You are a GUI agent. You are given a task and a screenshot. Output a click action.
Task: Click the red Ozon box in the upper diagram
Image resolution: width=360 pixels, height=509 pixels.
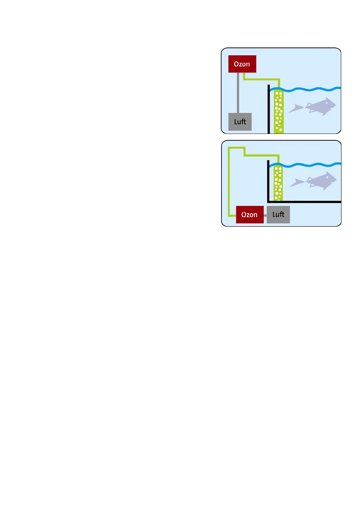click(x=242, y=64)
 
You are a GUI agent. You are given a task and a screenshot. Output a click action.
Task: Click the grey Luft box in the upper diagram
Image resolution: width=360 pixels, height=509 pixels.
click(x=240, y=122)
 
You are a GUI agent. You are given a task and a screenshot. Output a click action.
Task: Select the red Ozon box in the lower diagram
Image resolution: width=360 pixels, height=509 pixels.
click(x=250, y=215)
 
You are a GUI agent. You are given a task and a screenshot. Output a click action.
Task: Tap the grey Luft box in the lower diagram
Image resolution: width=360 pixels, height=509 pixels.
click(x=278, y=215)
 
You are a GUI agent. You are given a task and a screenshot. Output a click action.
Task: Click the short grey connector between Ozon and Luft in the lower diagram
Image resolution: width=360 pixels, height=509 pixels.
click(x=265, y=215)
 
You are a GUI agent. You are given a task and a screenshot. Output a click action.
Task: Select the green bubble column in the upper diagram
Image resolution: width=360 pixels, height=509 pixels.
click(x=279, y=112)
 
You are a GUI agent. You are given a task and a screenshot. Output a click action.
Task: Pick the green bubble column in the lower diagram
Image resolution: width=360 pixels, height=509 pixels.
click(x=278, y=183)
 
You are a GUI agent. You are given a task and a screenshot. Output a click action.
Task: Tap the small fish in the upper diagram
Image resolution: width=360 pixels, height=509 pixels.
click(x=296, y=108)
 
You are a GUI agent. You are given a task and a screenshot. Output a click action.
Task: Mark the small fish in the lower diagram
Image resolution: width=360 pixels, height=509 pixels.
click(x=296, y=183)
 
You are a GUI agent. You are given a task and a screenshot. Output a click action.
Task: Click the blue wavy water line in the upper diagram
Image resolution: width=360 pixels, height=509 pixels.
click(x=312, y=89)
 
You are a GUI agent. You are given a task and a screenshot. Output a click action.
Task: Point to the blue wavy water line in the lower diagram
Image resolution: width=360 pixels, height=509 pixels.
click(x=312, y=165)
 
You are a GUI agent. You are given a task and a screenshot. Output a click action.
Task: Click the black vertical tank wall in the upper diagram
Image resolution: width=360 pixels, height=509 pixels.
click(x=269, y=112)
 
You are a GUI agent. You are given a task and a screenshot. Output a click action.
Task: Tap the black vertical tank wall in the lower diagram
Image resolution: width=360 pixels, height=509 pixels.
click(x=268, y=181)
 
